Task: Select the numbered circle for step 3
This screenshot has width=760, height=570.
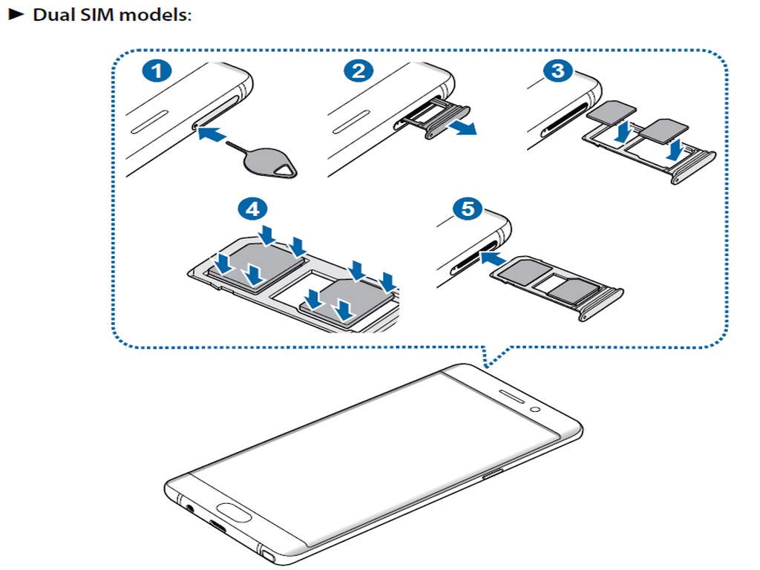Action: (x=557, y=72)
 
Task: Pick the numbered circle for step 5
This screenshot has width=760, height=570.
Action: (x=466, y=209)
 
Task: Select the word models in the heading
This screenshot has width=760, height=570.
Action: (x=156, y=14)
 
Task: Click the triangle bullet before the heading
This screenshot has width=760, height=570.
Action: (x=14, y=14)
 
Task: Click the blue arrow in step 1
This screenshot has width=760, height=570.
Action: (x=219, y=134)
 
